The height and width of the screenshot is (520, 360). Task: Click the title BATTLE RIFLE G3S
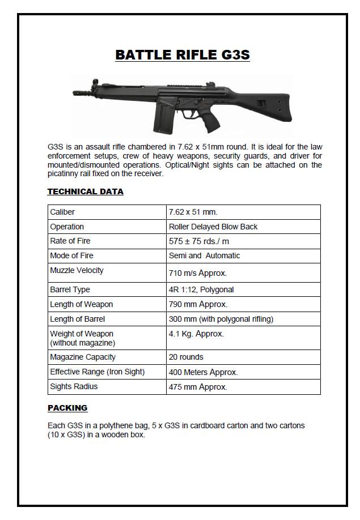182,55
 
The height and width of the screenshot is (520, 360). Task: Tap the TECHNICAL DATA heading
85,191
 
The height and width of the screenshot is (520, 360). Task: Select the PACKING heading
67,408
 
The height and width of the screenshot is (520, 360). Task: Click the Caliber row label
62,212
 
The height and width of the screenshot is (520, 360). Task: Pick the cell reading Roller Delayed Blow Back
213,227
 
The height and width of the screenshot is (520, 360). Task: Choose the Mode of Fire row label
72,255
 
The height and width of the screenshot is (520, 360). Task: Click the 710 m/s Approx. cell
198,273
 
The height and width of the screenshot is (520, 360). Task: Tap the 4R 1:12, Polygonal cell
201,289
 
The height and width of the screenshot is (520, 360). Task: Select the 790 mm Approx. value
198,305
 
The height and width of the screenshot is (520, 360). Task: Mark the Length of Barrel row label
77,319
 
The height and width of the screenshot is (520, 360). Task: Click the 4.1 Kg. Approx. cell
196,334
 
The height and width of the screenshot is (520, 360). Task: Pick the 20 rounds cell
186,357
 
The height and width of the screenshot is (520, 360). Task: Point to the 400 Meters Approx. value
203,372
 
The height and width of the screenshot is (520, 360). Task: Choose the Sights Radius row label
74,386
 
